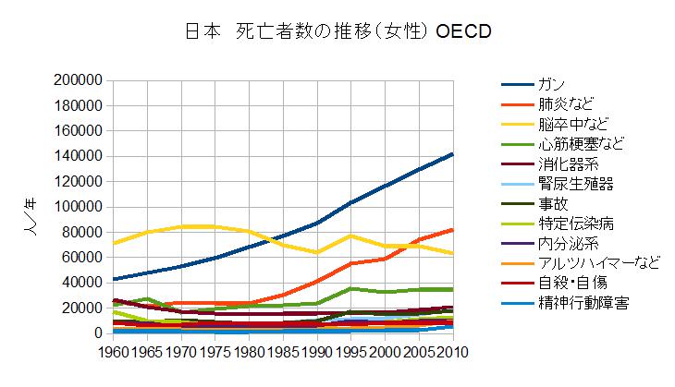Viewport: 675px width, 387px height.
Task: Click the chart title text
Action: click(x=337, y=31)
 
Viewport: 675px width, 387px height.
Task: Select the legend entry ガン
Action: click(x=549, y=85)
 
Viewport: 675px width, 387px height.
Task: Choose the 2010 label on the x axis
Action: click(x=453, y=352)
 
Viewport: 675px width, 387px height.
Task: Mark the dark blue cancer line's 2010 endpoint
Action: click(x=452, y=154)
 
